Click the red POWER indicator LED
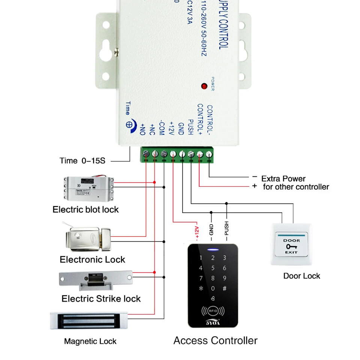pos(204,86)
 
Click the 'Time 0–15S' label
pos(82,161)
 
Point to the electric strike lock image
pos(96,280)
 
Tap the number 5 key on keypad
pos(213,268)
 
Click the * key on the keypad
pos(201,289)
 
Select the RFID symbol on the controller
pos(213,311)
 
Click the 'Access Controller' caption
pos(215,340)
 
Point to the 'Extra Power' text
pos(283,178)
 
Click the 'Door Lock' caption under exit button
pos(301,276)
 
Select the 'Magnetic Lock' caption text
pos(90,341)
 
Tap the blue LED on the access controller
pos(213,250)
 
